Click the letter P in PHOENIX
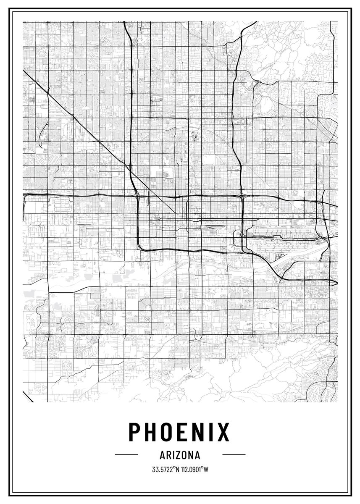tap(135, 431)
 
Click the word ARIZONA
tap(180, 455)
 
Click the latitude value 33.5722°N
tap(166, 469)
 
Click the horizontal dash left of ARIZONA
tap(126, 454)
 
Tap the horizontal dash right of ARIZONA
tap(234, 454)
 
